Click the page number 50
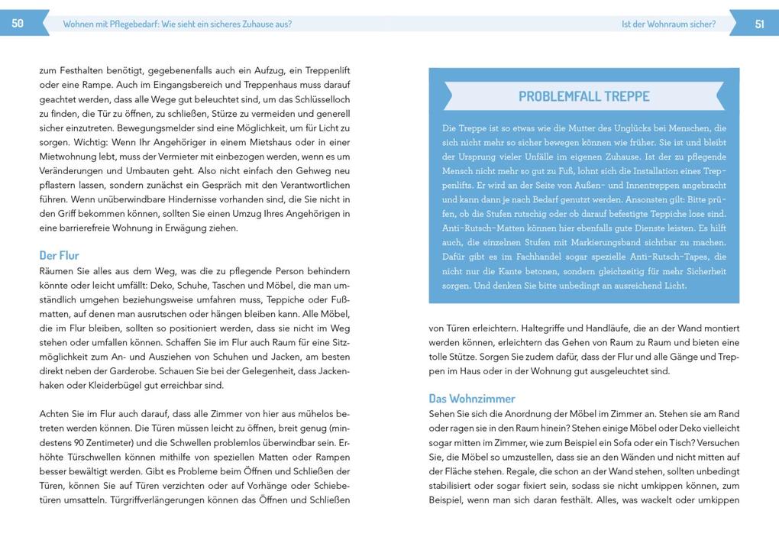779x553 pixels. pos(18,24)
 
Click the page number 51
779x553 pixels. pos(759,24)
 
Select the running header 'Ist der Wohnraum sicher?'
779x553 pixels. pos(668,24)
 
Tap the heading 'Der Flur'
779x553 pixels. pos(59,255)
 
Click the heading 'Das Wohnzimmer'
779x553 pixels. pos(472,398)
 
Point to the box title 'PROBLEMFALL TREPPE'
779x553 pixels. pos(584,96)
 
